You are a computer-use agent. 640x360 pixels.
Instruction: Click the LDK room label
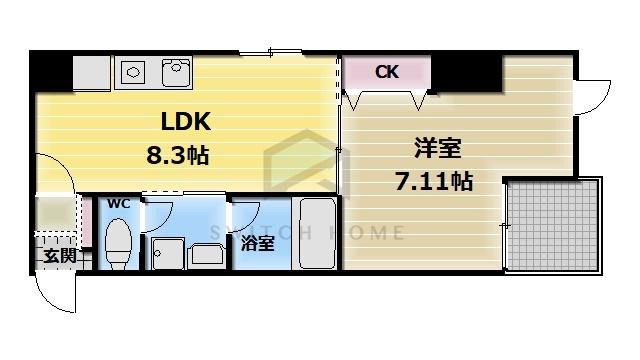pos(187,123)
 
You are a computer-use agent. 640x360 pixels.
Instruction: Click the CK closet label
pos(387,72)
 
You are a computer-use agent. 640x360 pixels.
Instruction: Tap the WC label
pos(119,203)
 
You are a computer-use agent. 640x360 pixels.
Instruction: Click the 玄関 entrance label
pos(58,255)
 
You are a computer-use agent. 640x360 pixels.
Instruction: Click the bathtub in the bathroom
pos(318,233)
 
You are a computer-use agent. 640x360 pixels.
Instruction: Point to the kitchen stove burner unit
pos(132,71)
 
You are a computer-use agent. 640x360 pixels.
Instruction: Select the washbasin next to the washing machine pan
pos(206,253)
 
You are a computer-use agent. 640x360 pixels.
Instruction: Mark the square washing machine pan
pos(167,253)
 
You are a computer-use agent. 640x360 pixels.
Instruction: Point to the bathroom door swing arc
pos(244,215)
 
